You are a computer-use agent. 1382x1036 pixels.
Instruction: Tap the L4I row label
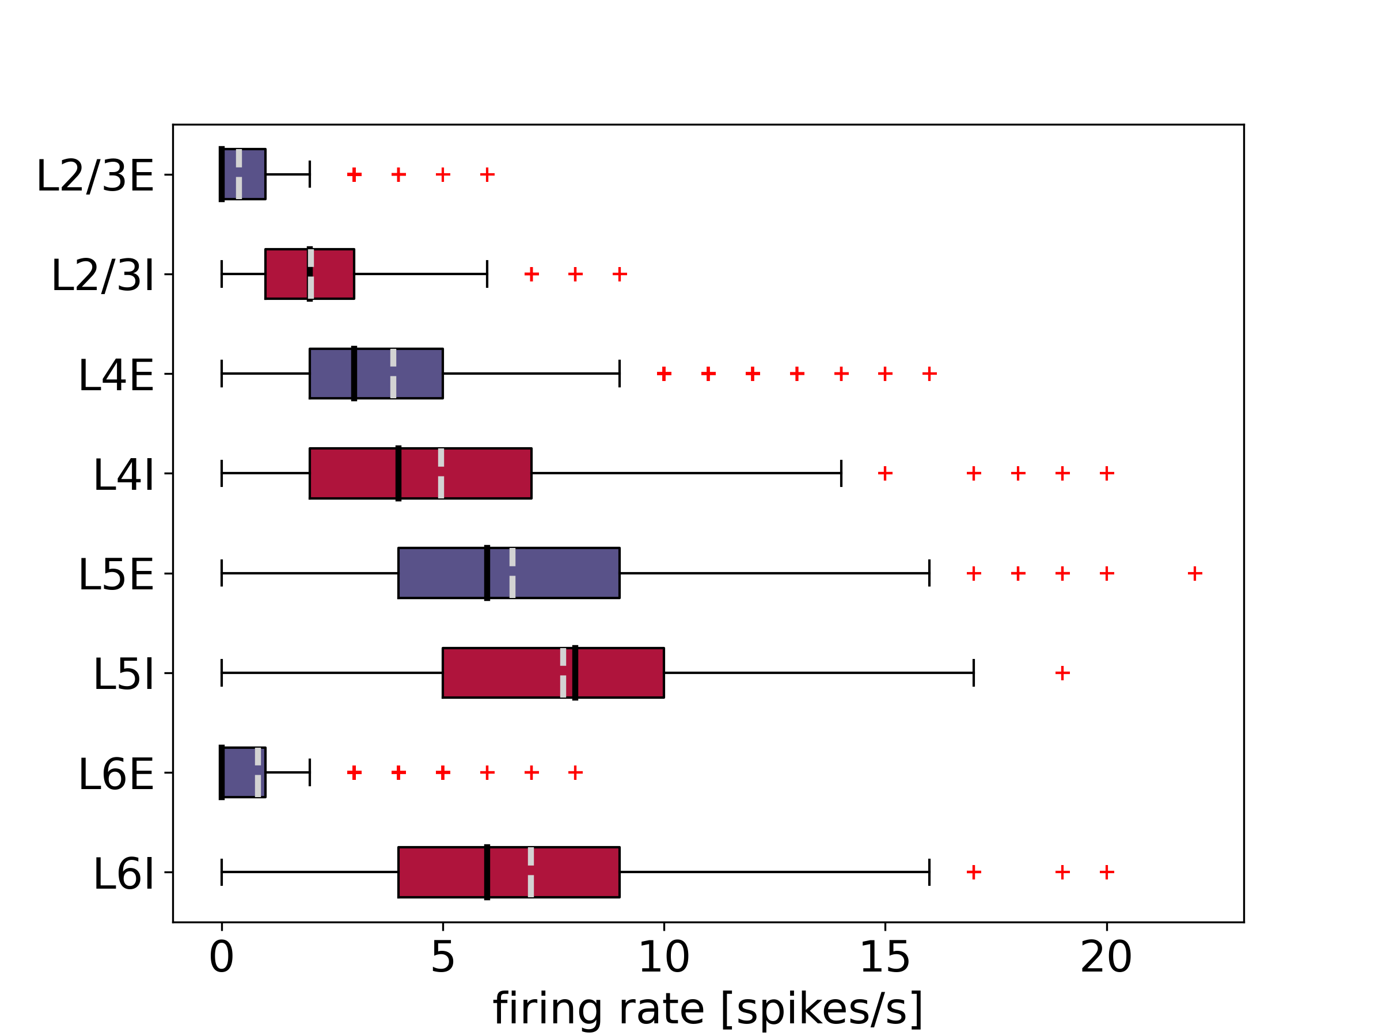tap(124, 475)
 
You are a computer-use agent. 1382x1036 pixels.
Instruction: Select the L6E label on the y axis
tap(116, 774)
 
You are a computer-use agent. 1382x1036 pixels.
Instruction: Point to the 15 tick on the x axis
tap(884, 957)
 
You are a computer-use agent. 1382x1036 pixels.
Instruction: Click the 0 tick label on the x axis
tap(221, 957)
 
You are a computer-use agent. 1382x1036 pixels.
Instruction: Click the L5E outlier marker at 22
tap(1195, 573)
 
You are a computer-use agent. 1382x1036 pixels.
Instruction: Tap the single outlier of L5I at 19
tap(1062, 673)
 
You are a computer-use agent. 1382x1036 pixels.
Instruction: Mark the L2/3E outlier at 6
tap(487, 174)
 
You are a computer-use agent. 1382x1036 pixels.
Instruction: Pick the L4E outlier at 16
tap(929, 374)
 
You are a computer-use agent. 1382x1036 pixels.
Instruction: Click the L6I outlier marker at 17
tap(973, 872)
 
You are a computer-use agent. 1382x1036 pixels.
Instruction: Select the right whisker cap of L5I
tap(973, 673)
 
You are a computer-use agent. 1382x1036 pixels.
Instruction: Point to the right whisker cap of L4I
tap(841, 473)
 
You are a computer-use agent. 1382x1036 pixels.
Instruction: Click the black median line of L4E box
tap(354, 374)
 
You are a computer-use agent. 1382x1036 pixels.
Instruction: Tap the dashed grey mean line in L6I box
tap(530, 872)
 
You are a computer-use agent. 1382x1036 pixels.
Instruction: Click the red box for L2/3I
tap(287, 273)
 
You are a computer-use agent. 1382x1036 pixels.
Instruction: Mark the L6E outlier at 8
tap(575, 773)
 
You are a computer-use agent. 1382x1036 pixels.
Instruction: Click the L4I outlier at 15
tap(884, 473)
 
